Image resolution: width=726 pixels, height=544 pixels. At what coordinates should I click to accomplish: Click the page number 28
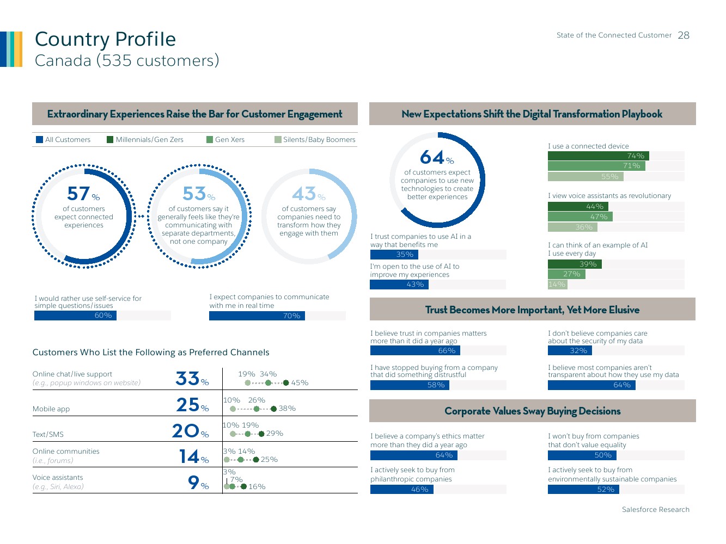(684, 35)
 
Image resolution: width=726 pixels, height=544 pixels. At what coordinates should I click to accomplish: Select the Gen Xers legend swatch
(210, 140)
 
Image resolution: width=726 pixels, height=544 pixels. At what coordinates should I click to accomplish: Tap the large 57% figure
(80, 194)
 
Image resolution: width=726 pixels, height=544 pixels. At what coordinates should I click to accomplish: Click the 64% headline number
(434, 158)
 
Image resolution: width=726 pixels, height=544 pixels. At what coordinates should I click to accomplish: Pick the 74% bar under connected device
(598, 156)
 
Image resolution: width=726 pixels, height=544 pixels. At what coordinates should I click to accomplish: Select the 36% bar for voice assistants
(572, 227)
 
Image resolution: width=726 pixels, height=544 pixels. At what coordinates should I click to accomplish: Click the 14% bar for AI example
(557, 284)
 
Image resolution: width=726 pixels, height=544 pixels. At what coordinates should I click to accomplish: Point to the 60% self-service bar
(75, 316)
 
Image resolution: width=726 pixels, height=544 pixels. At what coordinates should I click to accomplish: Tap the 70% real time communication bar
(257, 316)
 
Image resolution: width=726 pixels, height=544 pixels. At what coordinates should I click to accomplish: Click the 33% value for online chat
(188, 378)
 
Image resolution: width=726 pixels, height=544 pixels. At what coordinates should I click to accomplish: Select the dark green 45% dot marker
(286, 383)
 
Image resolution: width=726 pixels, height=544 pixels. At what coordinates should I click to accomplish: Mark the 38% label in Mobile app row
(287, 409)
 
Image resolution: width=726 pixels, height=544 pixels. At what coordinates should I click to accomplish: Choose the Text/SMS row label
(48, 435)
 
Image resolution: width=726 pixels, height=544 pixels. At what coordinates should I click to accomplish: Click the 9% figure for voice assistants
(194, 482)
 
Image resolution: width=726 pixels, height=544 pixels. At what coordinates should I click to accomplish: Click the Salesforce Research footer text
(655, 510)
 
